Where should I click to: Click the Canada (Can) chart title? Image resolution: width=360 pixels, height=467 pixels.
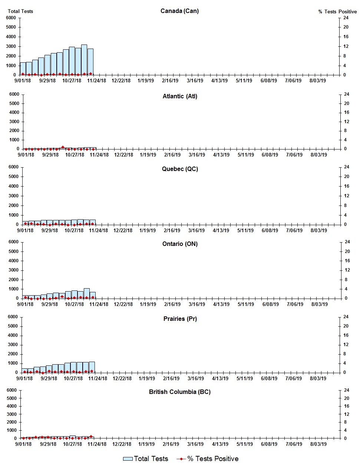coord(179,11)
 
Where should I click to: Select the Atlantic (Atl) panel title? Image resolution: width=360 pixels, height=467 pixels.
coord(180,96)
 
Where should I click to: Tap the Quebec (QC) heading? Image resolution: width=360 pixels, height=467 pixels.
coord(180,169)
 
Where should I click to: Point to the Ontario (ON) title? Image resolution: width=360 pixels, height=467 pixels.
coord(180,244)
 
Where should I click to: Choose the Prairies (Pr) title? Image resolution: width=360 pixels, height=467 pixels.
coord(180,319)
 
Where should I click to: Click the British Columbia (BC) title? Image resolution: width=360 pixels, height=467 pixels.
coord(180,392)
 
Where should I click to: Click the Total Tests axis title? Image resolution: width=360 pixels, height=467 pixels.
coord(20,11)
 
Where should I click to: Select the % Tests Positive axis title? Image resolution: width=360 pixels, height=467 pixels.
coord(337,12)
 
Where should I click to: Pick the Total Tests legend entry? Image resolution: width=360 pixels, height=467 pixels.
coord(146,459)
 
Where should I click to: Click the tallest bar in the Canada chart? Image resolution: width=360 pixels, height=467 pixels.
coord(84,60)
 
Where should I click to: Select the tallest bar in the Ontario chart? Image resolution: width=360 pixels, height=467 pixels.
coord(87,293)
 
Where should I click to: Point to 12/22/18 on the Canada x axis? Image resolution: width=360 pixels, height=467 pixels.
coord(121,80)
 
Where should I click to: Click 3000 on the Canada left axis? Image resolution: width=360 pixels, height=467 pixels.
coord(11,46)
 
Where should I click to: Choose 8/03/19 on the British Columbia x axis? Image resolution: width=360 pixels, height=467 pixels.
coord(318,444)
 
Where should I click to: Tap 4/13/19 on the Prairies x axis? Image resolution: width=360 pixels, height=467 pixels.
coord(220,378)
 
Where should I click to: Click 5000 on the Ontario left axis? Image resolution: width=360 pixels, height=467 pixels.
coord(13,251)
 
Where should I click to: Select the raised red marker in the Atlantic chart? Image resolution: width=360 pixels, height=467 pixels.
coord(63,147)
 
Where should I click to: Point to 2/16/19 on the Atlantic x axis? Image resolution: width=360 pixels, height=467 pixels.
coord(172,155)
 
